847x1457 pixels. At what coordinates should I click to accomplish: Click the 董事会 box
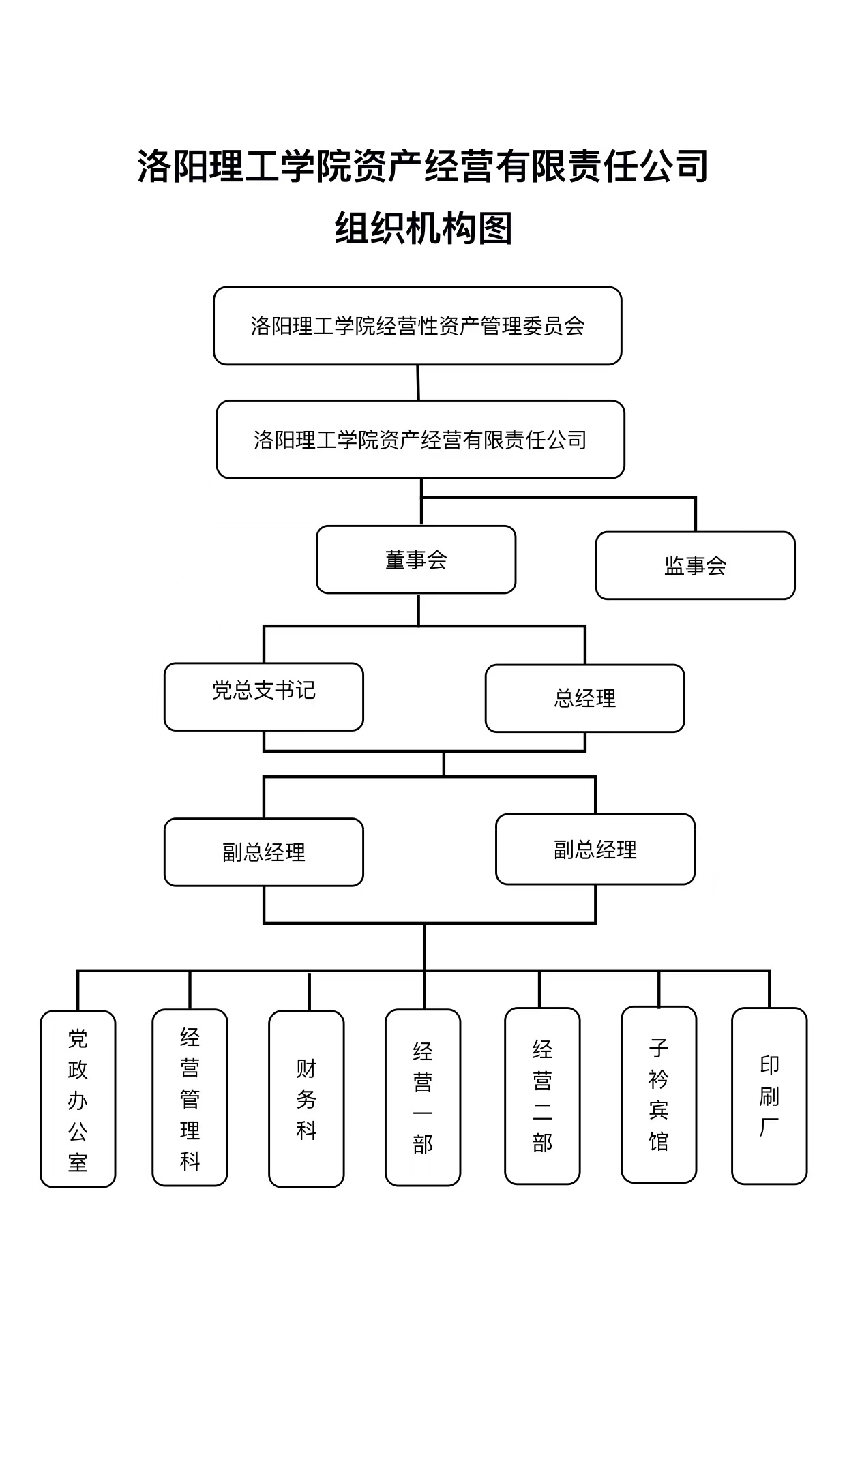click(416, 559)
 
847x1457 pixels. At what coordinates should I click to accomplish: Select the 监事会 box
click(696, 565)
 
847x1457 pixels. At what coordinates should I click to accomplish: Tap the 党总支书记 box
click(264, 697)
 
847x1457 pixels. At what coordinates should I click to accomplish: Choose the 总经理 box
click(585, 698)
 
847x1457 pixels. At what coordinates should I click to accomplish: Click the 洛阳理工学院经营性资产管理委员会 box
click(417, 326)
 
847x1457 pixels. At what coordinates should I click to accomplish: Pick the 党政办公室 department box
click(78, 1098)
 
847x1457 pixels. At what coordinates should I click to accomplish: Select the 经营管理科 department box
click(190, 1097)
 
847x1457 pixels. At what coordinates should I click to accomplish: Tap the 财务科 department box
click(306, 1098)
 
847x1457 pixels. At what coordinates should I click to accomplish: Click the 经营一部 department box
click(423, 1097)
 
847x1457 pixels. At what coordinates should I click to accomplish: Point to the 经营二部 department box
click(542, 1096)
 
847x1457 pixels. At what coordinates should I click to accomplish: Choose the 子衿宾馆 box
click(659, 1094)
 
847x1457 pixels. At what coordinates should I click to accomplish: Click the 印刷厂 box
click(769, 1096)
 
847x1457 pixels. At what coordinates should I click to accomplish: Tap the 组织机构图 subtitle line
click(423, 228)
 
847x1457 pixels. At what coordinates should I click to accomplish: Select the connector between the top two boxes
click(418, 382)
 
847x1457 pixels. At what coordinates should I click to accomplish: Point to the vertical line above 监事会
click(696, 514)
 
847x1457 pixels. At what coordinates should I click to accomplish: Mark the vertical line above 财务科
click(309, 991)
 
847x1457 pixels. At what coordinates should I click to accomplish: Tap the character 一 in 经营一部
click(423, 1113)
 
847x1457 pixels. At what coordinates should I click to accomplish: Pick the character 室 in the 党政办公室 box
click(78, 1162)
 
